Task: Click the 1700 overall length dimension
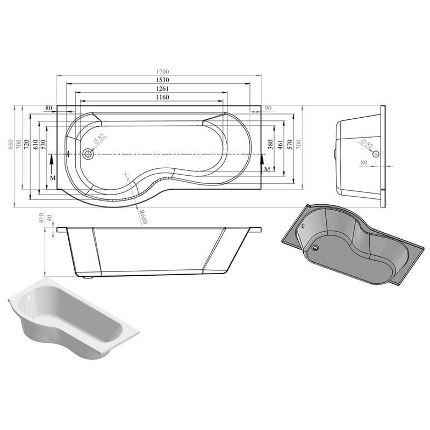[162, 72]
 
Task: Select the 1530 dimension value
[162, 80]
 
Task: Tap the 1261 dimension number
[162, 89]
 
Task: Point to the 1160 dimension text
[162, 97]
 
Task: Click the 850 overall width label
[10, 144]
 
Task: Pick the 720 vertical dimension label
[26, 144]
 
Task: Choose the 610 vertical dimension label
[35, 144]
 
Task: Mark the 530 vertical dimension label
[43, 144]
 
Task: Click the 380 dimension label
[271, 144]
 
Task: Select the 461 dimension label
[280, 144]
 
